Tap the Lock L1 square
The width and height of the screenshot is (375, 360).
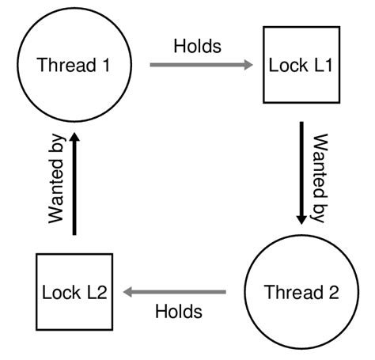point(301,65)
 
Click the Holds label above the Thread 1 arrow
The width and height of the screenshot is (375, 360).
point(197,45)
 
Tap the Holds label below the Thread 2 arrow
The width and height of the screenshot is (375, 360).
point(178,311)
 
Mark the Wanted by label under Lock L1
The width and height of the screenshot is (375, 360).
point(319,178)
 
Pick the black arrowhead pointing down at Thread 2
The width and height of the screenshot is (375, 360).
point(301,218)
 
